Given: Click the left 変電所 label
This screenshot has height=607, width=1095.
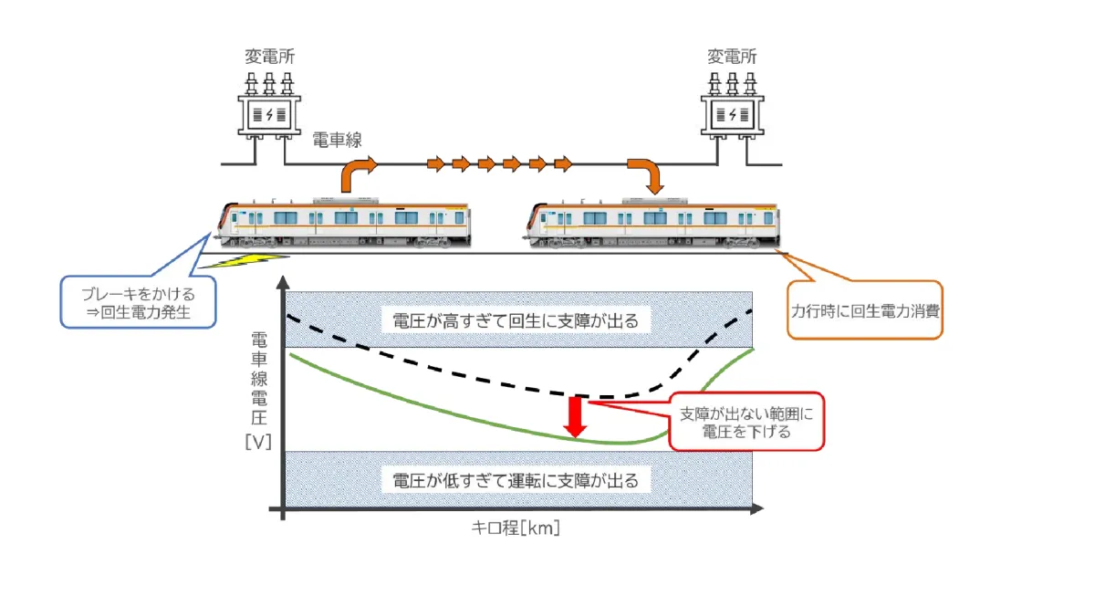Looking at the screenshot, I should click(x=268, y=57).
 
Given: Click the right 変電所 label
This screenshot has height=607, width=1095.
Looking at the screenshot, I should click(x=732, y=57).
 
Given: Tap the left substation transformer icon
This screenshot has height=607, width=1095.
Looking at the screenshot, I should click(x=268, y=110).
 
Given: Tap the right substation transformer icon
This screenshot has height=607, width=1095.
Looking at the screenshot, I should click(x=732, y=110).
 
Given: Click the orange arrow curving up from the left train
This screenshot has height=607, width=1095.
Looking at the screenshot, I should click(x=357, y=173).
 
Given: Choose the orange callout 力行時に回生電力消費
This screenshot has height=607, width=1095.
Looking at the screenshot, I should click(x=864, y=309).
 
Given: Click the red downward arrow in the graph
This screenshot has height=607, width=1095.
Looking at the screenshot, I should click(x=575, y=416).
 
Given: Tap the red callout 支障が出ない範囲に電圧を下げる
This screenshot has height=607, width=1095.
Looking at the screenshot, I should click(x=746, y=423).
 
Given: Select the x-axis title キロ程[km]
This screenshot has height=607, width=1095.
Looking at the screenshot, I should click(x=516, y=528).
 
